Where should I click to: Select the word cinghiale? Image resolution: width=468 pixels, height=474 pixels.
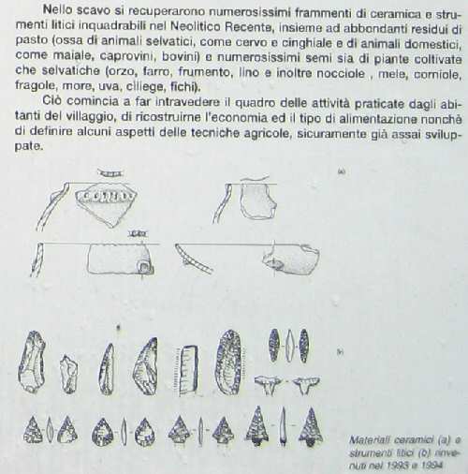pyautogui.click(x=307, y=42)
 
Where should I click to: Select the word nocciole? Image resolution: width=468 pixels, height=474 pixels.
pyautogui.click(x=341, y=74)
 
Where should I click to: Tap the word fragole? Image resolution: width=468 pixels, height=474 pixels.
pyautogui.click(x=37, y=86)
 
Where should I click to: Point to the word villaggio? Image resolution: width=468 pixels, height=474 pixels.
pyautogui.click(x=89, y=117)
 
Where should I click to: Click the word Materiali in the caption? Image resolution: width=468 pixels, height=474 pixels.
pyautogui.click(x=370, y=440)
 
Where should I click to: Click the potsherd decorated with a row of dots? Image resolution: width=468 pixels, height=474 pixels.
pyautogui.click(x=106, y=204)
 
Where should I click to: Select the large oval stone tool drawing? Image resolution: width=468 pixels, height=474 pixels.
pyautogui.click(x=229, y=362)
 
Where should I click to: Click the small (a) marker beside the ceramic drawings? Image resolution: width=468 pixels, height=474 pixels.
pyautogui.click(x=342, y=171)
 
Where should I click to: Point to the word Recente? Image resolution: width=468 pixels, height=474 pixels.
pyautogui.click(x=247, y=27)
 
